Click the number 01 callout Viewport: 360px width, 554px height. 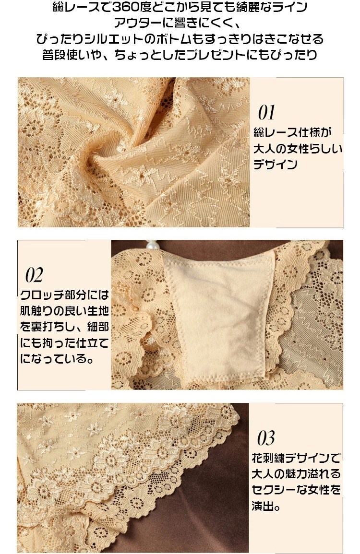pyautogui.click(x=266, y=112)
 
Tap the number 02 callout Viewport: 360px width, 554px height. pyautogui.click(x=34, y=275)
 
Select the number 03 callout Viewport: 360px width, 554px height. pyautogui.click(x=265, y=438)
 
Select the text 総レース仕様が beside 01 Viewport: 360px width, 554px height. pyautogui.click(x=293, y=132)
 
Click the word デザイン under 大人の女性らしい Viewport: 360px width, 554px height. pyautogui.click(x=276, y=165)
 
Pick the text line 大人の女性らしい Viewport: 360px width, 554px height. pyautogui.click(x=298, y=148)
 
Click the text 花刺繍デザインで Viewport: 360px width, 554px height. pyautogui.click(x=296, y=458)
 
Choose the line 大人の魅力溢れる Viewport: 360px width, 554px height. pyautogui.click(x=296, y=474)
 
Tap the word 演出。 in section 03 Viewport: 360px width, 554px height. pyautogui.click(x=266, y=506)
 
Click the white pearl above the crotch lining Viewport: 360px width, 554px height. pyautogui.click(x=152, y=246)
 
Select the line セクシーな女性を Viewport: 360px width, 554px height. pyautogui.click(x=296, y=490)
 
